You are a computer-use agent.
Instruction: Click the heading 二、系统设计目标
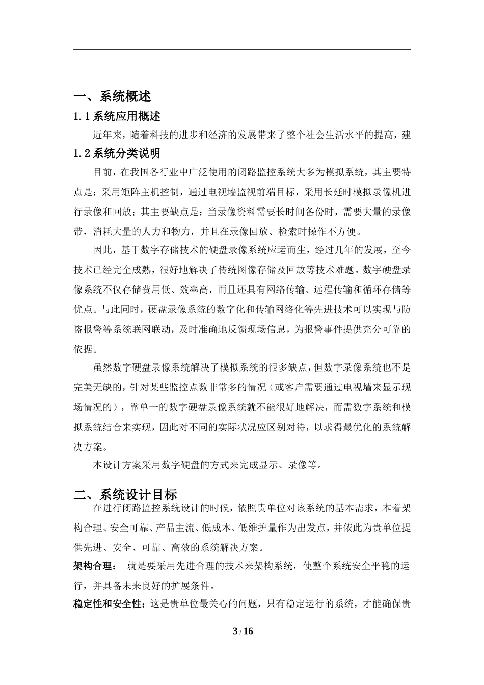pyautogui.click(x=125, y=494)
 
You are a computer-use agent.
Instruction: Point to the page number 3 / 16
pyautogui.click(x=243, y=631)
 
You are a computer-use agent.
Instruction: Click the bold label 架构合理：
pyautogui.click(x=95, y=566)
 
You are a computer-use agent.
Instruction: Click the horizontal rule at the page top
pyautogui.click(x=242, y=49)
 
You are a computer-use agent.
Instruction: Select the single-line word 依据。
pyautogui.click(x=87, y=349)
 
